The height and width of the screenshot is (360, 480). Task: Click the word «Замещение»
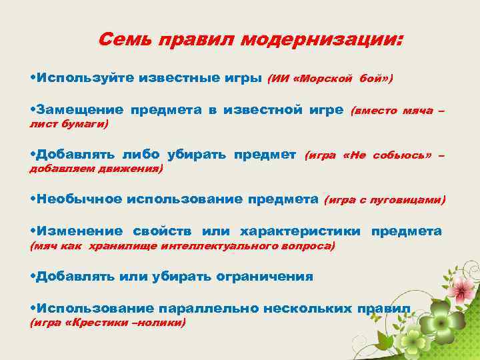[81, 109]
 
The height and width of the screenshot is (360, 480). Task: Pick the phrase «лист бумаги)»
[69, 123]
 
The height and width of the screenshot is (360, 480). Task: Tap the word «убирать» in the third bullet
[197, 155]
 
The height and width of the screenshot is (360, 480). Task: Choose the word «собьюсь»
[401, 155]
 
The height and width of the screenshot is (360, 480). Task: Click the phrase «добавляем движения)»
[97, 169]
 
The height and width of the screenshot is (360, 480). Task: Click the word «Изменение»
[80, 231]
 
